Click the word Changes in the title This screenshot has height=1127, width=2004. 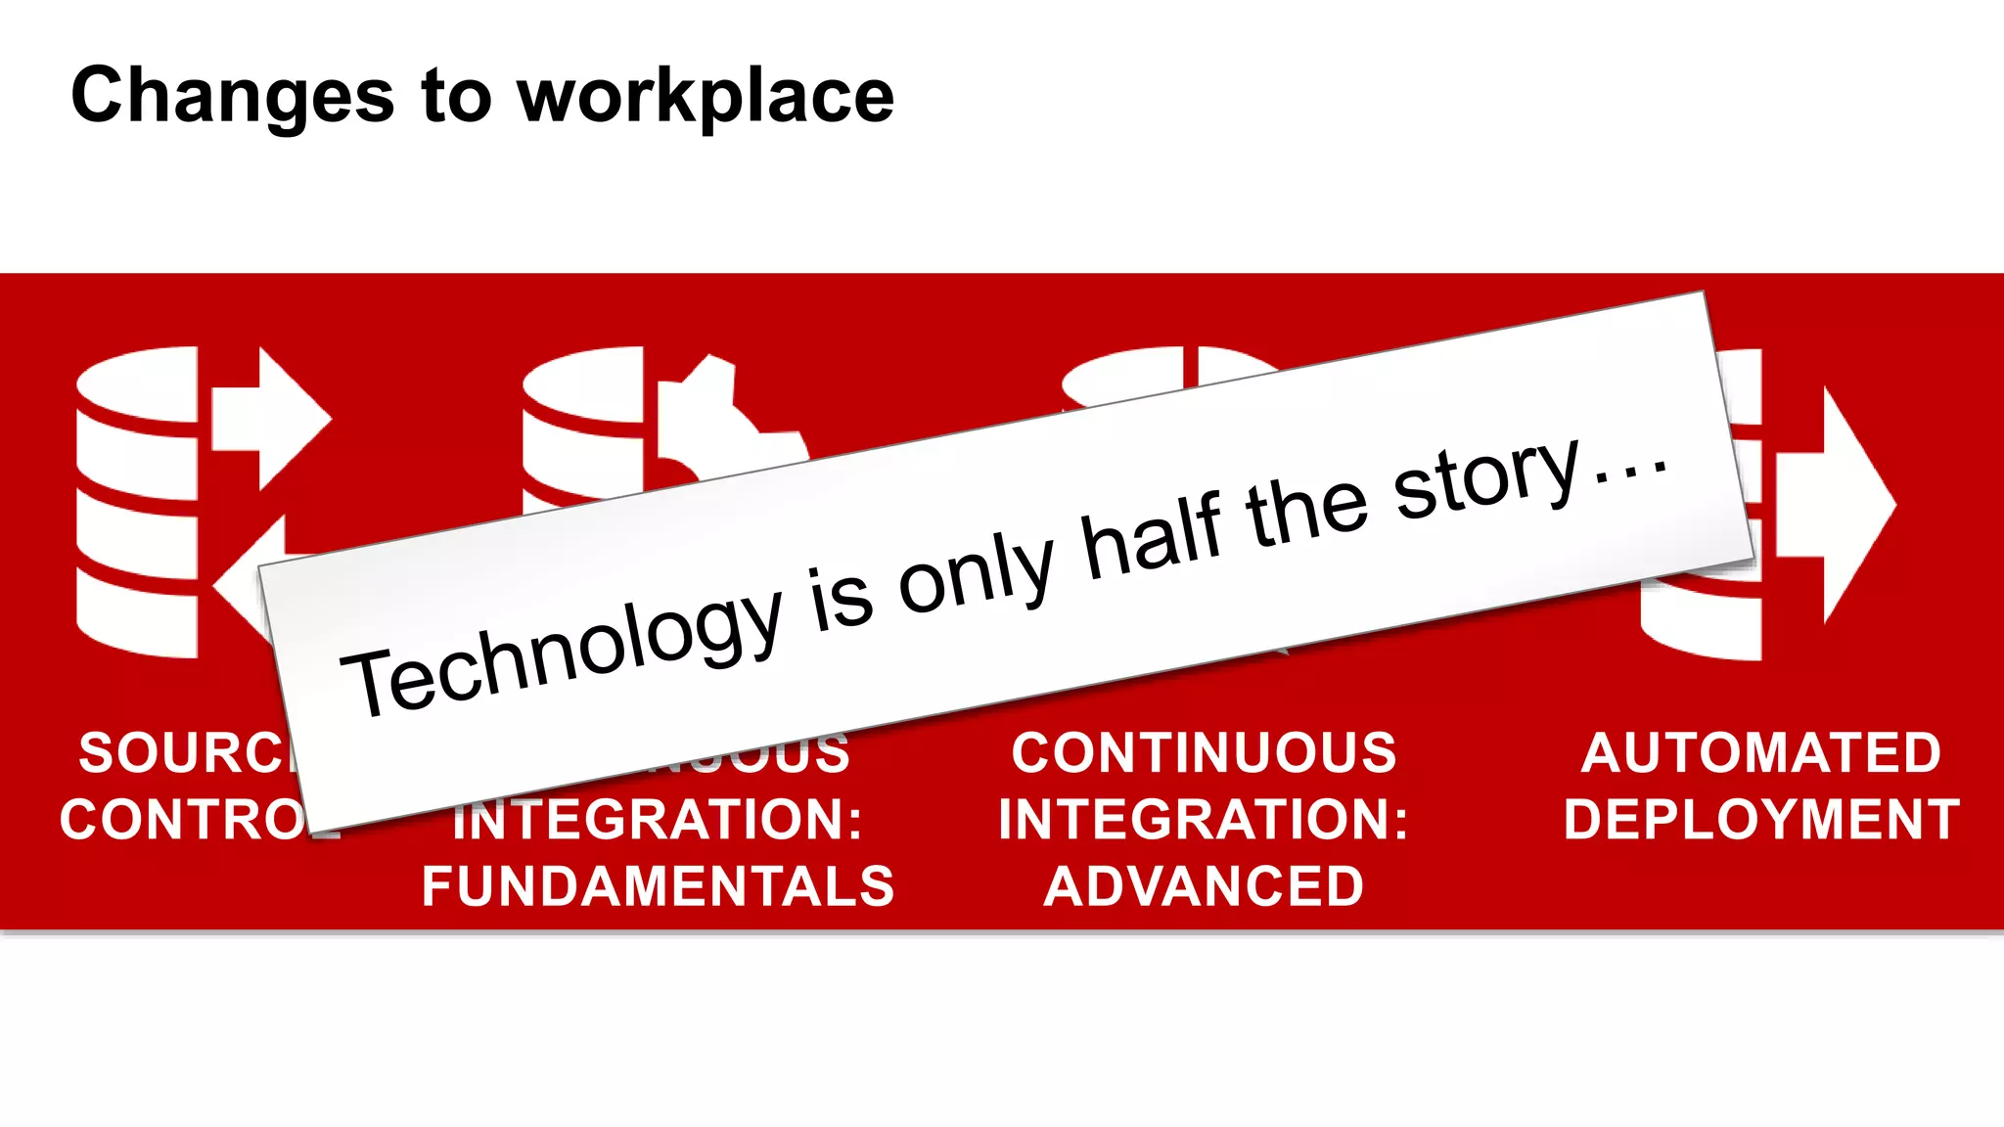(232, 96)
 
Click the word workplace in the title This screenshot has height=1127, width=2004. (706, 98)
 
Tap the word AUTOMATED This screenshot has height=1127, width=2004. (1760, 753)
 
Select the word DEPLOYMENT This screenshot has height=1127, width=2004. (1761, 820)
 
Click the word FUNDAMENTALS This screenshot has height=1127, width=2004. (658, 886)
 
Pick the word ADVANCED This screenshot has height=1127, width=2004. (1204, 886)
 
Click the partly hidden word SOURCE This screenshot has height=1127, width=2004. (186, 753)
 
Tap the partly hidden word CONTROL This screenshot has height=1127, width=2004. (186, 820)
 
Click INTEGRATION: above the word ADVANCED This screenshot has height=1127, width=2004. (1204, 820)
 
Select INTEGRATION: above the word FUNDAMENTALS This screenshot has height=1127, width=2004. (658, 820)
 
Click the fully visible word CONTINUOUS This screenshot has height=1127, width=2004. (1204, 753)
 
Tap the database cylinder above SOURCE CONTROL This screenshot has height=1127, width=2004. (137, 503)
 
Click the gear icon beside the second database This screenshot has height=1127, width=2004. (724, 421)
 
